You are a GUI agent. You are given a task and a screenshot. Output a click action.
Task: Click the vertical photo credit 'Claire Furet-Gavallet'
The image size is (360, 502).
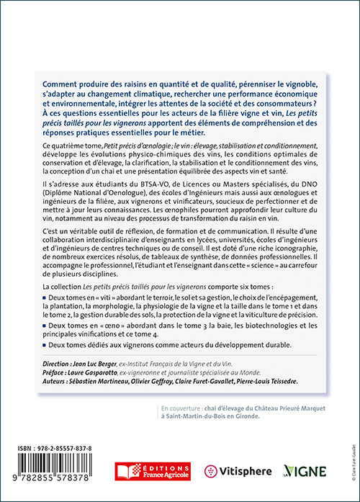tap(350, 446)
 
